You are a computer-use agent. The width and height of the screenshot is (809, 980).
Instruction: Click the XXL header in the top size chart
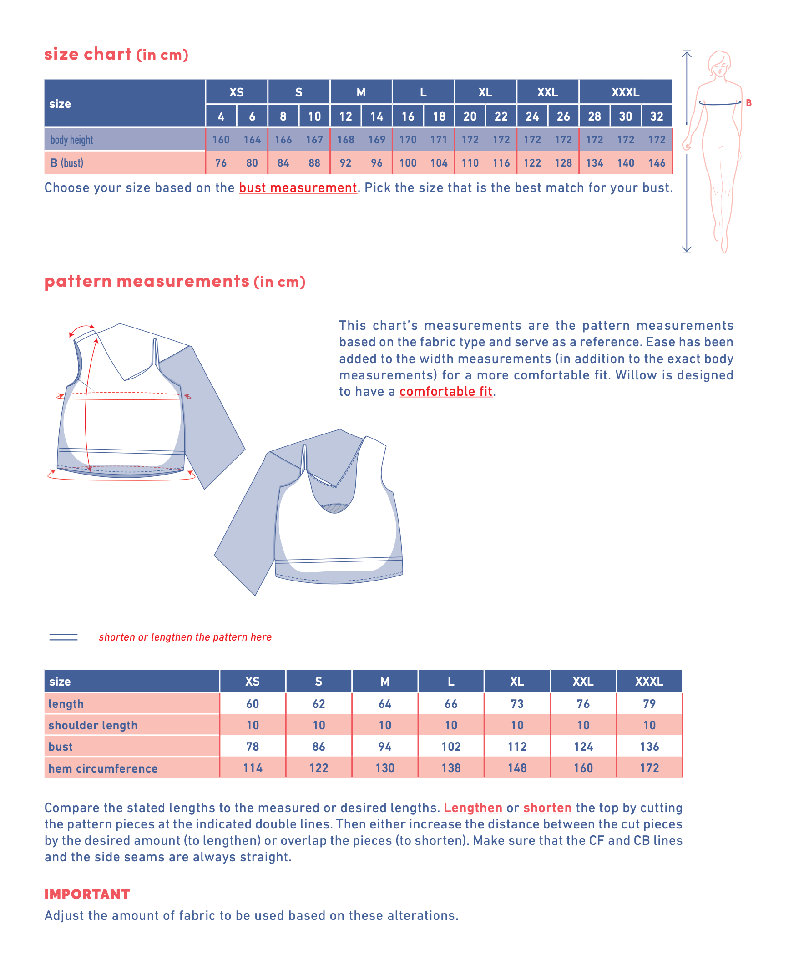click(x=547, y=92)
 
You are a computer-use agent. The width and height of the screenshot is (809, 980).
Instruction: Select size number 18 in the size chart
click(x=439, y=116)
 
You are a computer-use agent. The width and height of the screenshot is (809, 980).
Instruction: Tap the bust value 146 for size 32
click(x=656, y=163)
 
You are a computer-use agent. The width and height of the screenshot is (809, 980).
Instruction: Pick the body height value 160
click(x=221, y=140)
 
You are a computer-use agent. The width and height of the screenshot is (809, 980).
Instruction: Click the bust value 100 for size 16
click(x=408, y=163)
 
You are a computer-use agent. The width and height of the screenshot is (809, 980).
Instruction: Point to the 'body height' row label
click(x=72, y=140)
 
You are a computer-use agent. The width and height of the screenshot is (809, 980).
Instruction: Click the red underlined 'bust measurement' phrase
click(x=298, y=188)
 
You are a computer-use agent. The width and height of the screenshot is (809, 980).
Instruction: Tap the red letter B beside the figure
click(x=748, y=103)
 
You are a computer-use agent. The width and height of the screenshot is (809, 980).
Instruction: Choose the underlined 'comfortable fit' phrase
click(x=445, y=391)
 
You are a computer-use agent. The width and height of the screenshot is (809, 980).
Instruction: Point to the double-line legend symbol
click(x=63, y=637)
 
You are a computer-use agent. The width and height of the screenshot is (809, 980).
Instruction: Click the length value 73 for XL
click(x=517, y=704)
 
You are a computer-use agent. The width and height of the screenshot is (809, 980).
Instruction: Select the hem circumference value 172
click(x=649, y=768)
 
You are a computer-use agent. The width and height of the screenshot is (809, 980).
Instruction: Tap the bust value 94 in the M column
click(x=384, y=747)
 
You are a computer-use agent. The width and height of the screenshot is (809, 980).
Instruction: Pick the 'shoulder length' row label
click(x=93, y=726)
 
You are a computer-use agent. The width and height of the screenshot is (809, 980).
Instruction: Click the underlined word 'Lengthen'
click(x=473, y=808)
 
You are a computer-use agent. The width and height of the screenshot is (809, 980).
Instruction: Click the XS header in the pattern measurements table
click(x=252, y=681)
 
